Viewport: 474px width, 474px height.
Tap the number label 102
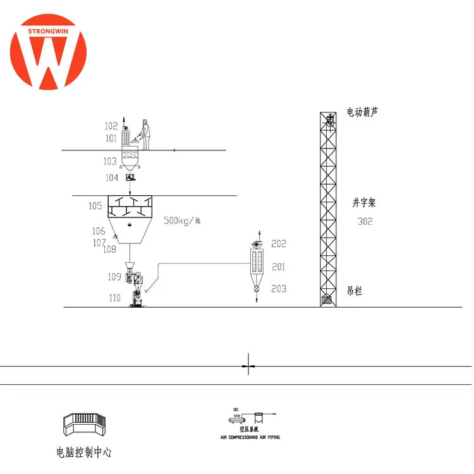(111, 126)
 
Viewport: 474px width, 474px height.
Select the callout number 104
(111, 178)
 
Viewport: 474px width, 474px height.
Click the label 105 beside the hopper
(95, 205)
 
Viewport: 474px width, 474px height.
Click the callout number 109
(114, 276)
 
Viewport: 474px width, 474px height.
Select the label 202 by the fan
(279, 243)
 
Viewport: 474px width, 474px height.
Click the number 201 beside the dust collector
(279, 267)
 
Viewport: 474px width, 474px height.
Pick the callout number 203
(279, 289)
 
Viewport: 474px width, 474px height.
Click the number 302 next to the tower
(365, 221)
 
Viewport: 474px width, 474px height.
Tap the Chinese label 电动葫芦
(363, 112)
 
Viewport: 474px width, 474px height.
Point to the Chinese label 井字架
(363, 204)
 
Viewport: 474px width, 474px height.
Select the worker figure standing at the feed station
(145, 133)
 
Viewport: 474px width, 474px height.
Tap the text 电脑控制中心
(84, 453)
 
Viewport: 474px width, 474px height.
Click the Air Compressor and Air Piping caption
(250, 437)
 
